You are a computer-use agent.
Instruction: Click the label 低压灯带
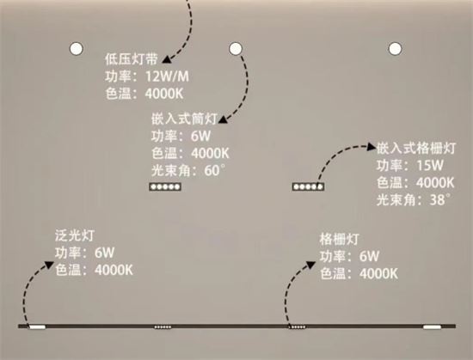pos(132,59)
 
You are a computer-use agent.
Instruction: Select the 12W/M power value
pos(168,76)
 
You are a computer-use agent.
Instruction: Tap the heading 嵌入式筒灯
pos(184,119)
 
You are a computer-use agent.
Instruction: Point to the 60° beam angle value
pos(215,170)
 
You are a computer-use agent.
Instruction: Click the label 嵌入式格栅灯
pos(416,148)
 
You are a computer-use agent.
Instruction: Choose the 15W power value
pos(430,165)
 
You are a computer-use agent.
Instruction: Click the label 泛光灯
pos(75,235)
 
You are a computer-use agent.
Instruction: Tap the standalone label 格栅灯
pos(340,239)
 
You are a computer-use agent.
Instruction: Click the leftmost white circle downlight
pos(76,48)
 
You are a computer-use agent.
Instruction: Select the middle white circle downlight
pos(236,48)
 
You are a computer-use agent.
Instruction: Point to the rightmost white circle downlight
pos(396,48)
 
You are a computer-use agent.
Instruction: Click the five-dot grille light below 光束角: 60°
pos(165,186)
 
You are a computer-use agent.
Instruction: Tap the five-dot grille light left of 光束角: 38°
pos(308,186)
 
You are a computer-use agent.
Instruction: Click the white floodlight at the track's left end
pos(37,327)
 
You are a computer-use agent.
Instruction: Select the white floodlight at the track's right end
pos(432,327)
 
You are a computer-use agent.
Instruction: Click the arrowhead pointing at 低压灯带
pos(166,60)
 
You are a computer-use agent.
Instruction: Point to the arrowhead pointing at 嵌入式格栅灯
pos(372,147)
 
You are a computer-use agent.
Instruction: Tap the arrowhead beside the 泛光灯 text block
pos(49,265)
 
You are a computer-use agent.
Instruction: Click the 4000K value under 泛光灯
pos(114,270)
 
